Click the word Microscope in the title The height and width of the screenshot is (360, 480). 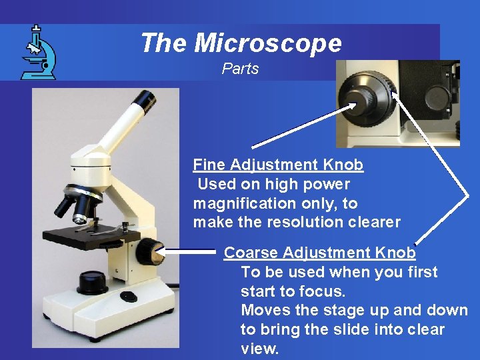tap(268, 43)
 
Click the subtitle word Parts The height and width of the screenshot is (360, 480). tap(240, 69)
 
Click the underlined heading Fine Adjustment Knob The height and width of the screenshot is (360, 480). tap(278, 165)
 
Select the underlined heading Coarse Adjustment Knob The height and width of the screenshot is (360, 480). tap(319, 253)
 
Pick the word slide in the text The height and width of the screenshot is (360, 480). tap(349, 329)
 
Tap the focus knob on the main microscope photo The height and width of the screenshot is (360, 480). tap(148, 252)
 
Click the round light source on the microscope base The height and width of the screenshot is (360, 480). tap(93, 281)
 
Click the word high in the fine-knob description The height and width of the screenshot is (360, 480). tap(278, 184)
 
